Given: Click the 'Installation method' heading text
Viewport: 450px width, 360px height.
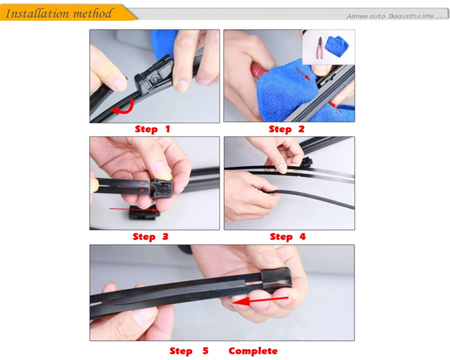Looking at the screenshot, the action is coord(59,13).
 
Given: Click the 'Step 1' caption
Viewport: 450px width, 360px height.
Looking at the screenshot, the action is coord(153,129).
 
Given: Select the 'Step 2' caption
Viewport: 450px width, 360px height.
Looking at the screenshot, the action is coord(287,129).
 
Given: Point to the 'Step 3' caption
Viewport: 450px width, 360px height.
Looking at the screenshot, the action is coord(151,237).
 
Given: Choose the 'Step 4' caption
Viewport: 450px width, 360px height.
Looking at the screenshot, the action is coord(288,237).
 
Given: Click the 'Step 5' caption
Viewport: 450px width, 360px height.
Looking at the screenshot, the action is coord(189,351).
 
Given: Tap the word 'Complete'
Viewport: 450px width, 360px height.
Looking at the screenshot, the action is coord(253,351).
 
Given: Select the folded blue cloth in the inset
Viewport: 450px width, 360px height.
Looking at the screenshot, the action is coord(337,46).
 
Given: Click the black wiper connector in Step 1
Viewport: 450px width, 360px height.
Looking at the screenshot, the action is coord(153,75).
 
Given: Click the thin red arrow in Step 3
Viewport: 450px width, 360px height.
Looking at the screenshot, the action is coord(134,210).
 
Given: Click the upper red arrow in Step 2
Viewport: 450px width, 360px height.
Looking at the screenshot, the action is coord(303,74).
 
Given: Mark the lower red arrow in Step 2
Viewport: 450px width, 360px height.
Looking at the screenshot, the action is coord(336,107).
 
